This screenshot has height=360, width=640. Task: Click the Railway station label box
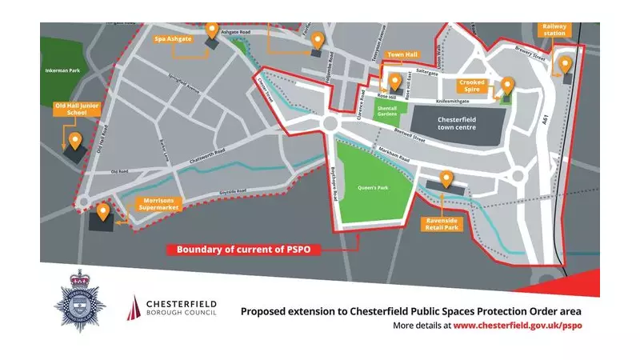point(558,30)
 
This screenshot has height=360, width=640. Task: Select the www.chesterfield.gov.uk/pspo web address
point(517,326)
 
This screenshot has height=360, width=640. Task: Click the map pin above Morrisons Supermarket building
point(103,212)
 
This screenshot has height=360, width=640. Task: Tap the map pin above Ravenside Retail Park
point(446,179)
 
